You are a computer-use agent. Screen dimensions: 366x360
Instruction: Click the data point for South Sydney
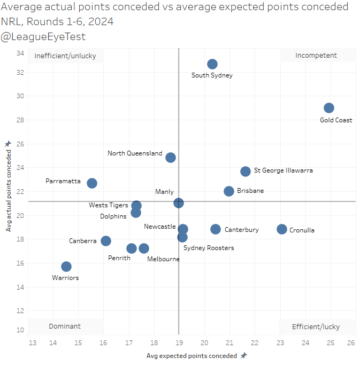[x=212, y=64]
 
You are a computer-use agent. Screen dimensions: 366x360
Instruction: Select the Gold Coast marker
[x=329, y=108]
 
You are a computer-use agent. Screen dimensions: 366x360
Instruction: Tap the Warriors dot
[x=66, y=267]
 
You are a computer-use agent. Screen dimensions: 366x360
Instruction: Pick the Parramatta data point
[x=92, y=183]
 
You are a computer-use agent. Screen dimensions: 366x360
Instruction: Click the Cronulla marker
[x=282, y=229]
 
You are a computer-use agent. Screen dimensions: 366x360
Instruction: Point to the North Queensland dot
[x=171, y=158]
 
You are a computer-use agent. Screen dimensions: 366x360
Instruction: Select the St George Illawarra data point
[x=246, y=172]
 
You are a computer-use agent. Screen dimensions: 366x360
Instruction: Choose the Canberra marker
[x=106, y=241]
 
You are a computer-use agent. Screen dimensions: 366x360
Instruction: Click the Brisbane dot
[x=229, y=191]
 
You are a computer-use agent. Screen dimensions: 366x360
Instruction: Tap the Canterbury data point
[x=216, y=229]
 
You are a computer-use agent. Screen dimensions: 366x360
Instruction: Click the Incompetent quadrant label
[x=316, y=55]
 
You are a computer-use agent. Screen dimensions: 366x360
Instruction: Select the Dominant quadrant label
[x=65, y=326]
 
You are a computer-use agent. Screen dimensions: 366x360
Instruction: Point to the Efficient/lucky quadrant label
[x=316, y=326]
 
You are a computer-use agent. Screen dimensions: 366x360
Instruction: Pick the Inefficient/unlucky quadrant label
[x=66, y=55]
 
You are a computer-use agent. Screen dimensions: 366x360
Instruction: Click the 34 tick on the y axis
[x=20, y=53]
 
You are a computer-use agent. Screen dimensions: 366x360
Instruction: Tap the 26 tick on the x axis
[x=351, y=342]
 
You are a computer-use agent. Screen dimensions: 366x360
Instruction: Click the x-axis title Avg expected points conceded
[x=193, y=355]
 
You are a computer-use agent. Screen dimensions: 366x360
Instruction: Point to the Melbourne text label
[x=164, y=259]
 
